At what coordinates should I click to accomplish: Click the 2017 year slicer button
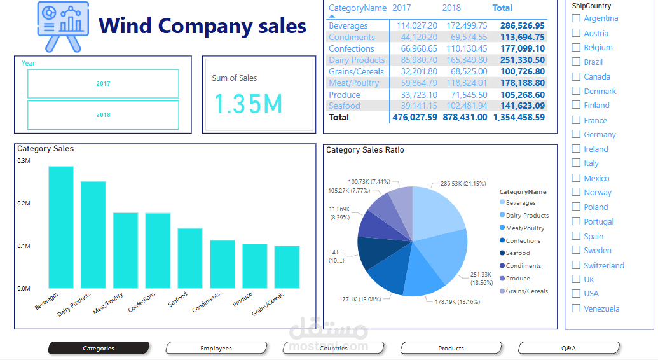click(103, 84)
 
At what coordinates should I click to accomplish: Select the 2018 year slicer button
click(103, 115)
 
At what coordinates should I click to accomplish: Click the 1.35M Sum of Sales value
click(248, 104)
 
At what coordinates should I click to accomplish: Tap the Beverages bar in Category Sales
click(61, 227)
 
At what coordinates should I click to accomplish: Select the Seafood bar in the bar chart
click(189, 258)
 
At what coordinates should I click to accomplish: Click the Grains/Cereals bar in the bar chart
click(287, 267)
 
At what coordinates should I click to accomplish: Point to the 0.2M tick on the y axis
click(24, 204)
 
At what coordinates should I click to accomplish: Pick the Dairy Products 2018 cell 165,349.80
click(467, 60)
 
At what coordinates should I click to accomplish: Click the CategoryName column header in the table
click(357, 8)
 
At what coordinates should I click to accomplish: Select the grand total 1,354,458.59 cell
click(519, 118)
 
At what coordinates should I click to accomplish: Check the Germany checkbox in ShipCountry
click(576, 134)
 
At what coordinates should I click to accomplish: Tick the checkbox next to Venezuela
click(576, 308)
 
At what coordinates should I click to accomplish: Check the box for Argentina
click(576, 18)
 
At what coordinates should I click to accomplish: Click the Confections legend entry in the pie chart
click(523, 241)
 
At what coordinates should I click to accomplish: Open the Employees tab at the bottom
click(216, 348)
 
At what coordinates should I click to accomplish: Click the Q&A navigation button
click(568, 348)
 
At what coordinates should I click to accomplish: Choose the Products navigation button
click(451, 348)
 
